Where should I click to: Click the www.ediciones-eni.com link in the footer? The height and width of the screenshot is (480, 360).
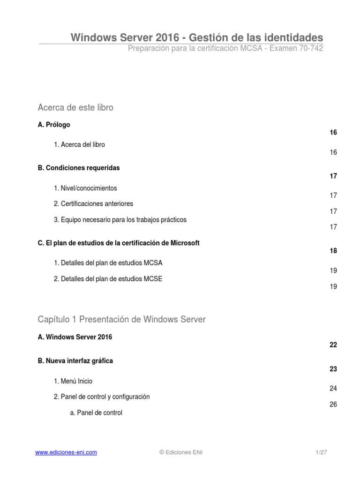pos(66,452)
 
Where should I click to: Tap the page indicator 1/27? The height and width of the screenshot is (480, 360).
pos(321,452)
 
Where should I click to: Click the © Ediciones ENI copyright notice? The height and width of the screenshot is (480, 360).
pos(181,452)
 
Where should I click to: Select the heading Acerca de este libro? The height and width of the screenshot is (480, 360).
pos(75,108)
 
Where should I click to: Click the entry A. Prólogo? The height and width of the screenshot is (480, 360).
pos(54,125)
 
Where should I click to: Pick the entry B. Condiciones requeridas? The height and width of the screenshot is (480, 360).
pos(79,168)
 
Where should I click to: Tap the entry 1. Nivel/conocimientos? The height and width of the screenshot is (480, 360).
pos(85,188)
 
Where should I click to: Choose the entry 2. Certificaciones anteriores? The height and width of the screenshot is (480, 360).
pos(93,204)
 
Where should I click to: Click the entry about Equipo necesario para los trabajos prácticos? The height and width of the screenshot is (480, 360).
pos(120,219)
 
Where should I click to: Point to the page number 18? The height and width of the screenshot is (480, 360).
pos(333,251)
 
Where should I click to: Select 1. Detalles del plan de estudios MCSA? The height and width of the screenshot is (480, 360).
pos(108,263)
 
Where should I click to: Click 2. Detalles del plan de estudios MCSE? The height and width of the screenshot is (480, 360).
pos(108,279)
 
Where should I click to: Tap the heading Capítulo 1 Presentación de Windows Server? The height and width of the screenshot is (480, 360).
pos(121,320)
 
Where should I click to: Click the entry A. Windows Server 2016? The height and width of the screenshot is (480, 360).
pos(75,337)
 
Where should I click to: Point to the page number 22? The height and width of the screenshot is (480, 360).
pos(333,345)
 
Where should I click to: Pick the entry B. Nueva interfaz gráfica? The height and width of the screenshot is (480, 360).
pos(75,361)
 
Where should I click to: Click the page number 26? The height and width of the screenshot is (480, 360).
pos(333,405)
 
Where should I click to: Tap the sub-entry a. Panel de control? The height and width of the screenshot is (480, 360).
pos(96,413)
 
